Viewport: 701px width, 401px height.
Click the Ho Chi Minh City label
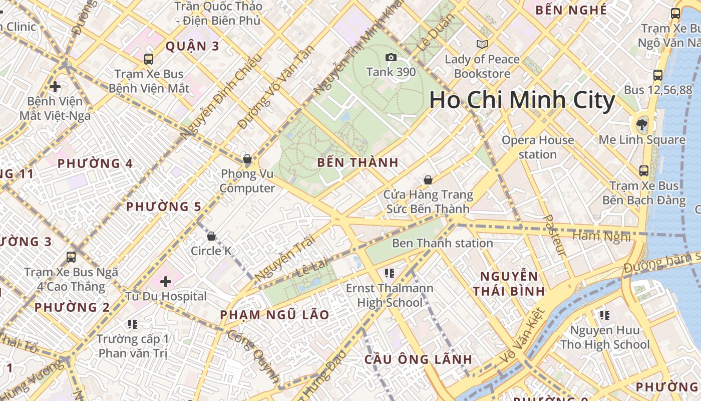[x=522, y=100]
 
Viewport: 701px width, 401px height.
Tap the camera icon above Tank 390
[x=391, y=58]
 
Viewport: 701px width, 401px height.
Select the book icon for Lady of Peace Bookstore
[x=482, y=45]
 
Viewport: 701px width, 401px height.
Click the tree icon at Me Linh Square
[x=641, y=124]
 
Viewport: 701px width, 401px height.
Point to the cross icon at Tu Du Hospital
[x=166, y=281]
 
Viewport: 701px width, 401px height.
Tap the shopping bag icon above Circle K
[x=211, y=236]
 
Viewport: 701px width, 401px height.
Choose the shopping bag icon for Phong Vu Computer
[x=247, y=159]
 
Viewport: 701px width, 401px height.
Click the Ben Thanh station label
[x=442, y=244]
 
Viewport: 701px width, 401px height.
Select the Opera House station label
[x=537, y=147]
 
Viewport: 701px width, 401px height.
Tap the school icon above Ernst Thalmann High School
[x=389, y=273]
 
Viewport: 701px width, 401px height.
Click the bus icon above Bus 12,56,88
[x=658, y=75]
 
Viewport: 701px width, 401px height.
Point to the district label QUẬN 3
[x=192, y=47]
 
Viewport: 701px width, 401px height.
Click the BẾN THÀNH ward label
[x=358, y=162]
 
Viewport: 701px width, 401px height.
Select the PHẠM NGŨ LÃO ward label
[x=275, y=315]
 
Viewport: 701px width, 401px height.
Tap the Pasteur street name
[x=554, y=236]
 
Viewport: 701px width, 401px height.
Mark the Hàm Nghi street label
[x=601, y=236]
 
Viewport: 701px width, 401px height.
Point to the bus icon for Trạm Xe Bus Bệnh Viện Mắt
[x=149, y=59]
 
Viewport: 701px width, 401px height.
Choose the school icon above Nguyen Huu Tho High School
[x=605, y=315]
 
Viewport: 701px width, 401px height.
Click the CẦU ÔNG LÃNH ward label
[x=418, y=359]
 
